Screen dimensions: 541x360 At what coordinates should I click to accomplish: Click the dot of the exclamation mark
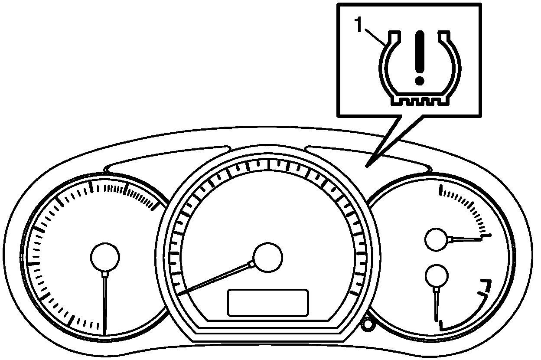(x=419, y=80)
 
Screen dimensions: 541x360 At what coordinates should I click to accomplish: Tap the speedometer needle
(x=217, y=278)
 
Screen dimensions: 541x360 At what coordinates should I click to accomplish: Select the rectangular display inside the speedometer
(x=268, y=302)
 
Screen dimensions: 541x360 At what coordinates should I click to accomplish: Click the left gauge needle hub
(x=105, y=257)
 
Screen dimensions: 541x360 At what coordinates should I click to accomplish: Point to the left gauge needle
(x=105, y=304)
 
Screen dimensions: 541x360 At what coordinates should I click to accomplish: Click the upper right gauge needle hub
(x=437, y=239)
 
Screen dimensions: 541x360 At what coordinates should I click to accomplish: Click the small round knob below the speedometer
(x=368, y=324)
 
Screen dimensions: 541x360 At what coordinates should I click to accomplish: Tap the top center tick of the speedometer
(x=269, y=164)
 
